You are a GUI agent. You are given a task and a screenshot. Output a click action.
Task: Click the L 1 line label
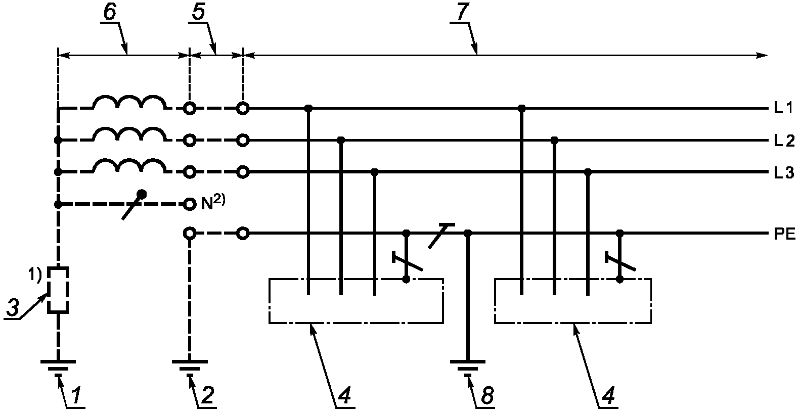783,108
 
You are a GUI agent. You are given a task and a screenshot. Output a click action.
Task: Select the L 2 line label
784,141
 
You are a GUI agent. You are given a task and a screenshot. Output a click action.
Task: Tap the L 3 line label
784,173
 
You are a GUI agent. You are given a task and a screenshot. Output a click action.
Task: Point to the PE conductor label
785,235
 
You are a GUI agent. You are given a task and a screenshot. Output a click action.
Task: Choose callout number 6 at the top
110,12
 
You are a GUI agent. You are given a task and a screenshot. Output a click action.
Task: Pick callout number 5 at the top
198,12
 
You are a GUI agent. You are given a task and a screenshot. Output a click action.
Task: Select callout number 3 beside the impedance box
13,307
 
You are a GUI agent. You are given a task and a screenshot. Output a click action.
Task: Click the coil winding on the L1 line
129,102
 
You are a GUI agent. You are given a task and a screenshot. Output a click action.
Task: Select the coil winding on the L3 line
129,166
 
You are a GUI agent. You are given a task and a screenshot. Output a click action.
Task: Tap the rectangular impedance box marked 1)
58,290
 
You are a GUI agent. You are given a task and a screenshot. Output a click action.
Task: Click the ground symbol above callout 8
468,368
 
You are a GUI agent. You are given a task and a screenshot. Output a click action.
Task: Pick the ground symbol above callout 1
58,368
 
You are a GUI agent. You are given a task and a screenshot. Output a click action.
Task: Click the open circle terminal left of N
190,204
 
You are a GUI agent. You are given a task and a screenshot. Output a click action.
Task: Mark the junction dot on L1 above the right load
521,108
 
